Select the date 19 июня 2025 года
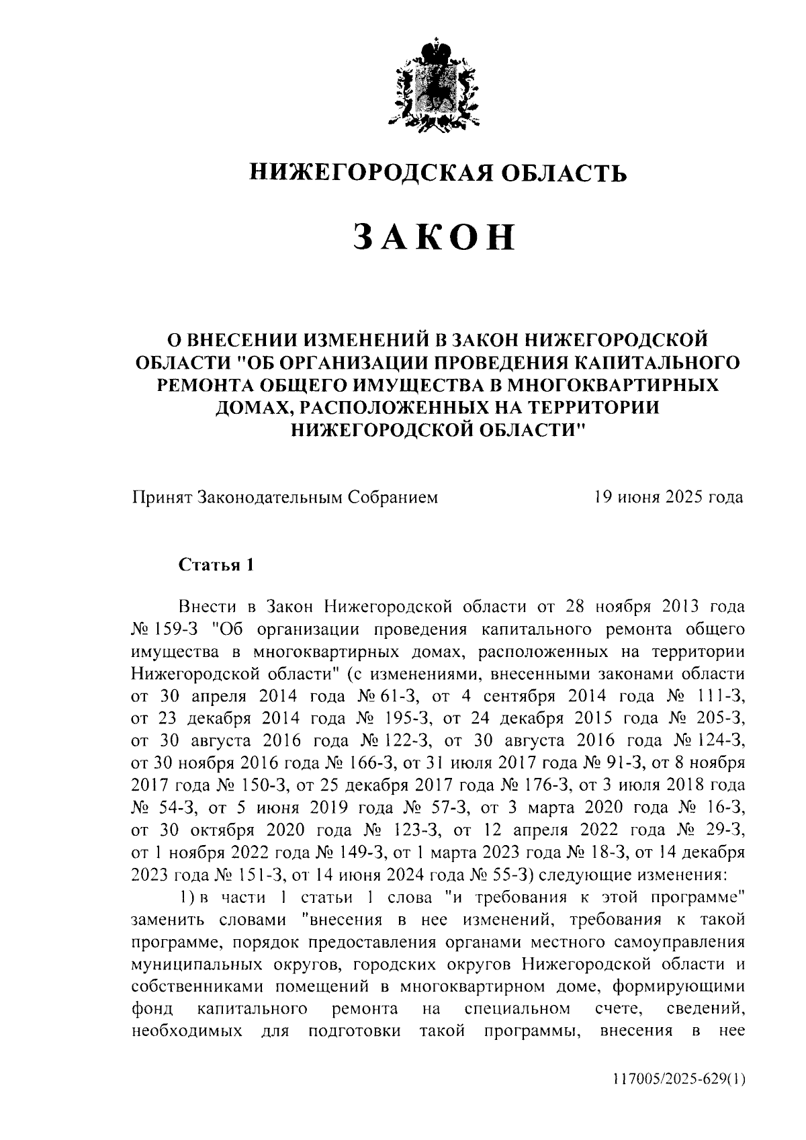click(x=668, y=497)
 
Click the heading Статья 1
click(x=215, y=565)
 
